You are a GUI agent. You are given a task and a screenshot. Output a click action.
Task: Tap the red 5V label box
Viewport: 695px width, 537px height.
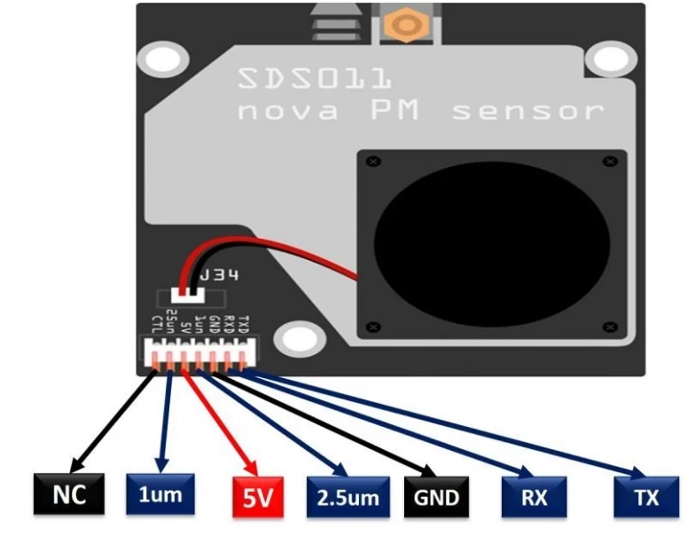(257, 497)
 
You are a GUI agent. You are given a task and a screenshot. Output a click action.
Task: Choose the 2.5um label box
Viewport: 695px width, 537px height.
(342, 497)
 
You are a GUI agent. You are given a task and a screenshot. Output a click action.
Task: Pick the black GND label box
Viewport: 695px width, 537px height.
(435, 497)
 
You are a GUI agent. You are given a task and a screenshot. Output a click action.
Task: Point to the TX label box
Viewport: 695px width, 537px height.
(646, 497)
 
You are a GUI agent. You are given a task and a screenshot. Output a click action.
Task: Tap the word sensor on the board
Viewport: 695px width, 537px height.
(527, 113)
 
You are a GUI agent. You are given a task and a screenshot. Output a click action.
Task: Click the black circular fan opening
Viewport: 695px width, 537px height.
(491, 242)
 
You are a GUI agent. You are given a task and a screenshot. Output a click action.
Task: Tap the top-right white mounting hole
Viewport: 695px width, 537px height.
(610, 60)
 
